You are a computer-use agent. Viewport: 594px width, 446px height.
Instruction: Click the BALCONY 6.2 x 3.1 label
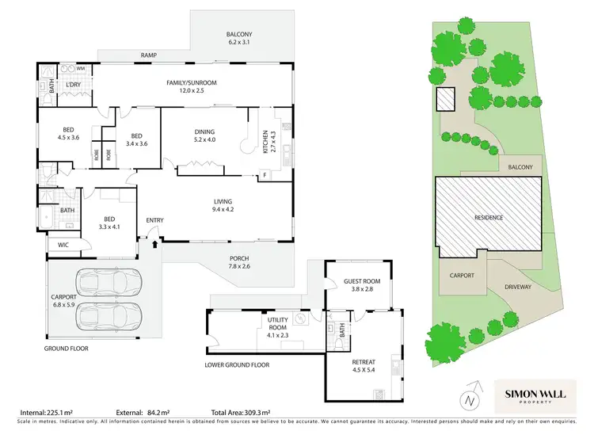pos(238,38)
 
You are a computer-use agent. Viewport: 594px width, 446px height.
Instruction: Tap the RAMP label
pos(148,55)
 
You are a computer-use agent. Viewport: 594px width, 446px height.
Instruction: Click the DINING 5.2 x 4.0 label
pos(204,135)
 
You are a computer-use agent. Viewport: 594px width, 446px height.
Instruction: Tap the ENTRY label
pos(154,220)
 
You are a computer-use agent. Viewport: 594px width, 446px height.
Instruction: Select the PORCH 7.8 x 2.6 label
pos(239,261)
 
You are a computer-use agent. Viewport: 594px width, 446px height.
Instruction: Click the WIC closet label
pos(63,246)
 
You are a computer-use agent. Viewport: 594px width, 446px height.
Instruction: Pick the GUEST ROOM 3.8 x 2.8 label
pos(361,285)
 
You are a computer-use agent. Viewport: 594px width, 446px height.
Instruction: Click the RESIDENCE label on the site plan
pos(489,217)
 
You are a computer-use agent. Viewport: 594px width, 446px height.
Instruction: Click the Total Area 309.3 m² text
pos(241,413)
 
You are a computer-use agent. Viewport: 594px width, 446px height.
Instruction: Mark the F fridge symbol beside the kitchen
pos(265,173)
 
